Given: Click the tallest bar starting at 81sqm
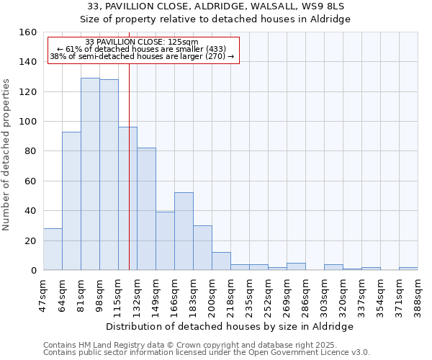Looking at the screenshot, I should (x=90, y=174).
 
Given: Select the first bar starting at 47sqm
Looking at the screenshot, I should (x=53, y=249).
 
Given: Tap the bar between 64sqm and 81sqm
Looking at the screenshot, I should (x=71, y=201).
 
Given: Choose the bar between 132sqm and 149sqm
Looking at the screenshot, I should (x=146, y=209).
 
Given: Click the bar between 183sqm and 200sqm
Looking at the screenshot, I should (x=202, y=248).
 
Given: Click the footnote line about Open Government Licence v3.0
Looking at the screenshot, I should (x=207, y=353).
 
